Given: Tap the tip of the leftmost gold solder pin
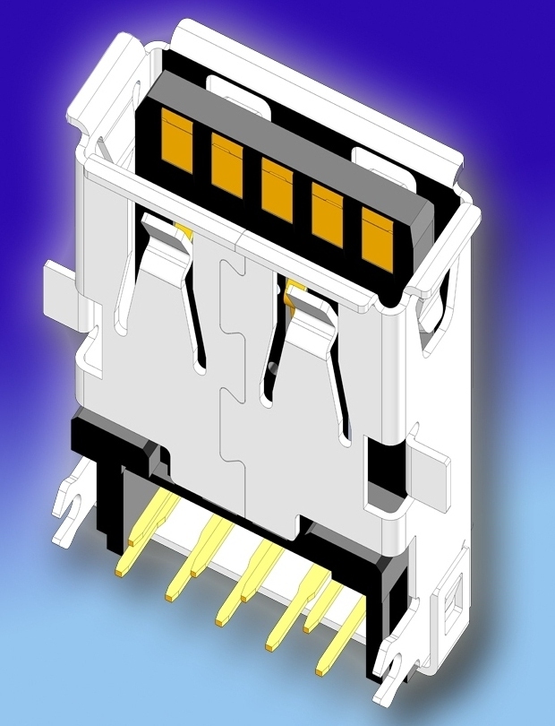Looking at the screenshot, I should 119,568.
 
